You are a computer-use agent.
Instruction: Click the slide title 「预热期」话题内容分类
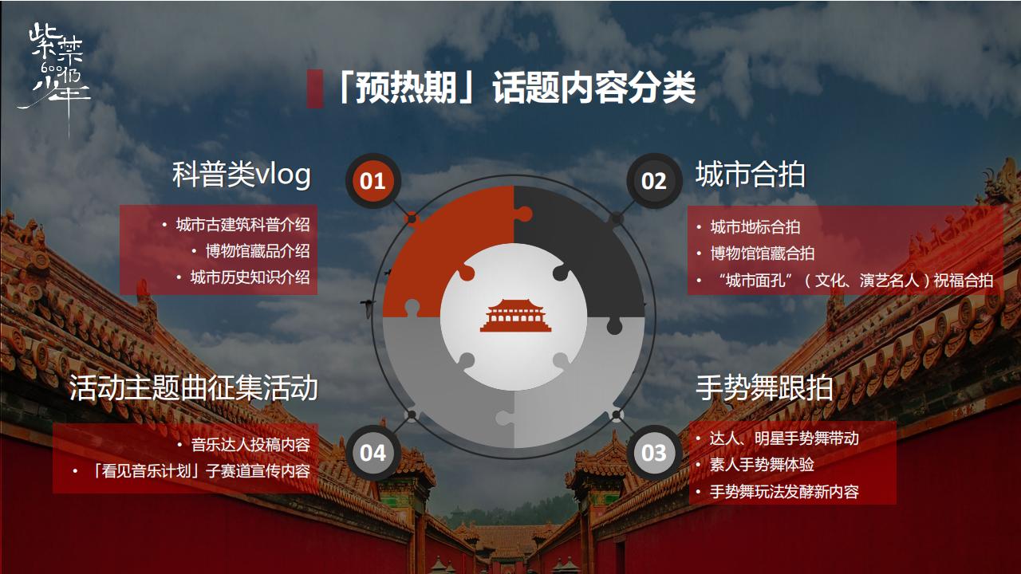[x=514, y=88]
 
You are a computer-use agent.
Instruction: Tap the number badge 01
[x=373, y=181]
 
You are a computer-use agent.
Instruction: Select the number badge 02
[x=653, y=181]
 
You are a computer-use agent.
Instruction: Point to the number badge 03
[x=653, y=453]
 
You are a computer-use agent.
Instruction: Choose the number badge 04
[x=373, y=453]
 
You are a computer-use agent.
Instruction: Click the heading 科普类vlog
[x=241, y=175]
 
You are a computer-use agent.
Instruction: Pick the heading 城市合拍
[x=750, y=175]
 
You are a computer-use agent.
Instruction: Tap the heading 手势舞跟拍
[x=764, y=388]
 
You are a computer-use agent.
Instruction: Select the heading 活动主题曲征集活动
[x=193, y=388]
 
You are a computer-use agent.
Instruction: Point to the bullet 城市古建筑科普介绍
[x=242, y=225]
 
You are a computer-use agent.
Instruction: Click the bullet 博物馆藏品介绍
[x=257, y=251]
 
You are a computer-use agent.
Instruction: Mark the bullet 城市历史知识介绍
[x=250, y=278]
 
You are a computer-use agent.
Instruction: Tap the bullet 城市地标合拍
[x=755, y=227]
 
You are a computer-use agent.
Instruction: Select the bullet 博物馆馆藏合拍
[x=762, y=254]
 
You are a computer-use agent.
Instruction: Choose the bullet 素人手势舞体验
[x=762, y=464]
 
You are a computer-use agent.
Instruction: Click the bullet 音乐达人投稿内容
[x=250, y=444]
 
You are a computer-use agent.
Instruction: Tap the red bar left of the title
[x=315, y=88]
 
